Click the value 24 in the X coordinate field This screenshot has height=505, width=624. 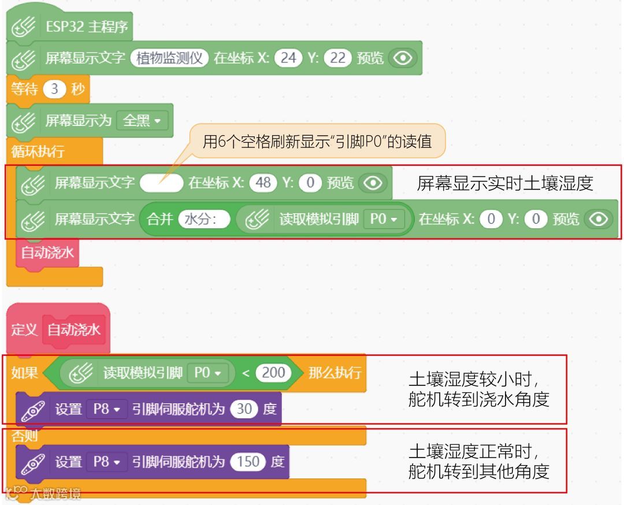288,58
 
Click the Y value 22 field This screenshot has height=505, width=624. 338,58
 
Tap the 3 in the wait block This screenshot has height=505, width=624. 55,90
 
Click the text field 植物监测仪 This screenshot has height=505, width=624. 169,58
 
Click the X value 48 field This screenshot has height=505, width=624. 263,183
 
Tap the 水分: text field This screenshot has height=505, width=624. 204,220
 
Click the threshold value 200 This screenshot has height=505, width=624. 273,373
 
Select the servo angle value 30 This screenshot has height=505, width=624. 244,409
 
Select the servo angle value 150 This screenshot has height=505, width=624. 248,462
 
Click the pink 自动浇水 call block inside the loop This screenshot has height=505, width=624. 47,253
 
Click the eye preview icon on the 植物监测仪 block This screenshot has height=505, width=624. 403,58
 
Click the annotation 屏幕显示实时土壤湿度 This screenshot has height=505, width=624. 505,183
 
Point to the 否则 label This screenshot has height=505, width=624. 24,436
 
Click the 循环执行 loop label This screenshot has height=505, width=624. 38,152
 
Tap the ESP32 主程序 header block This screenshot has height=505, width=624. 87,27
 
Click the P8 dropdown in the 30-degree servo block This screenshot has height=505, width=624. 106,409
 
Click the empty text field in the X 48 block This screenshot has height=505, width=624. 161,183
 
